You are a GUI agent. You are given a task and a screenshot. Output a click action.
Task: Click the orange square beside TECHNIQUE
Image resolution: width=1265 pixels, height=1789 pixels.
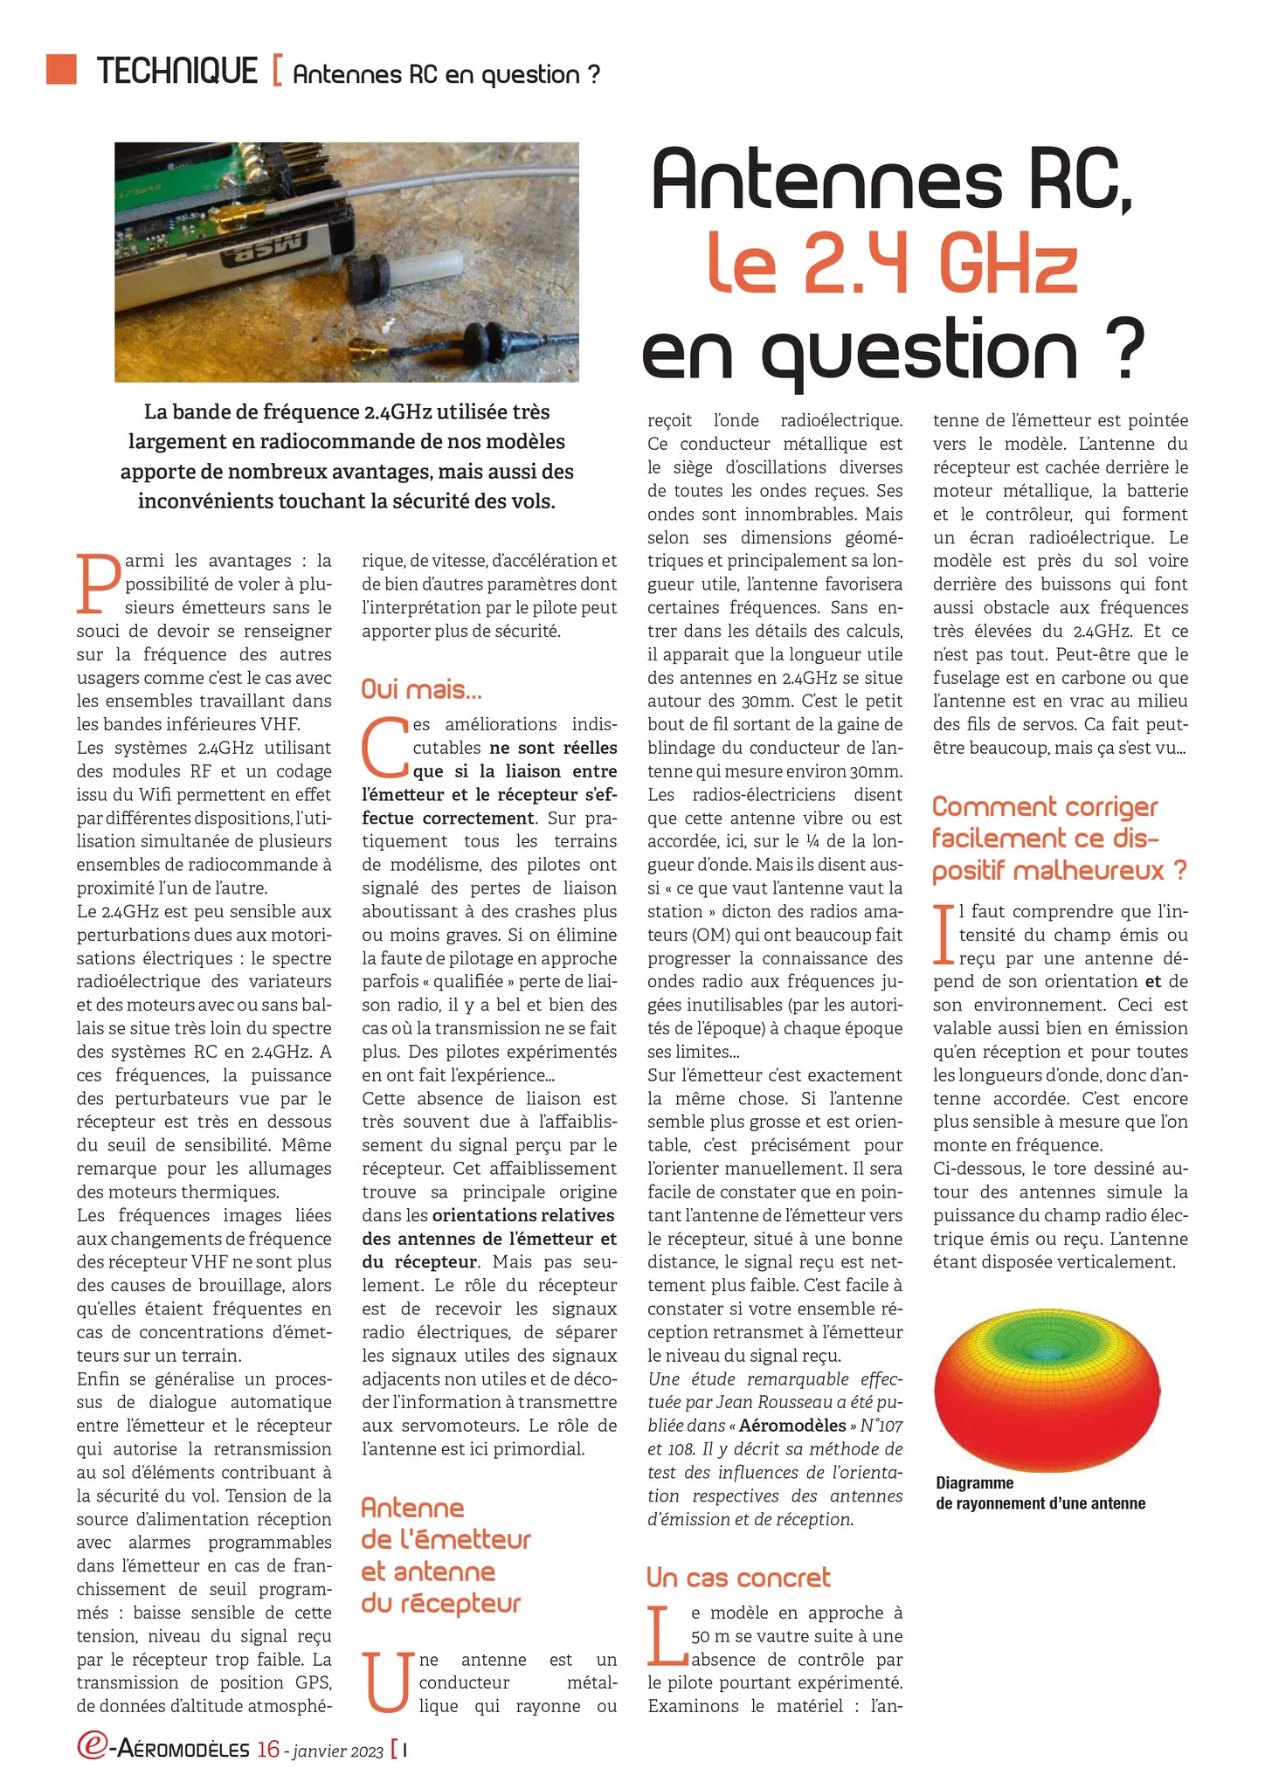pyautogui.click(x=61, y=69)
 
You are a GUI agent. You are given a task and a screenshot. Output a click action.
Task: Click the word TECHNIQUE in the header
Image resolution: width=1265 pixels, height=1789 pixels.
pyautogui.click(x=177, y=72)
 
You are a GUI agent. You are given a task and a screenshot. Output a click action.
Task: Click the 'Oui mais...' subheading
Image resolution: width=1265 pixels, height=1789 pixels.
pyautogui.click(x=421, y=689)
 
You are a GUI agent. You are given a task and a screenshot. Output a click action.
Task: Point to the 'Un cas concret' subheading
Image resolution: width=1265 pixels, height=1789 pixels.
pyautogui.click(x=737, y=1577)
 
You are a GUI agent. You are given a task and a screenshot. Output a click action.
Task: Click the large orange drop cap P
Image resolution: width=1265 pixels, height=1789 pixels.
pyautogui.click(x=98, y=583)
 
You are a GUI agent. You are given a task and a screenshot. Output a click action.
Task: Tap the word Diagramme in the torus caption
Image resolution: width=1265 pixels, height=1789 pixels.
pyautogui.click(x=974, y=1482)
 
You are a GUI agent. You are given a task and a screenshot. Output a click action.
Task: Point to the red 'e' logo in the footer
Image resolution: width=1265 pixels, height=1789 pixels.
pyautogui.click(x=91, y=1745)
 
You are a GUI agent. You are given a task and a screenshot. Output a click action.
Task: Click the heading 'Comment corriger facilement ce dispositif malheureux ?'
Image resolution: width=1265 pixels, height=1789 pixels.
pyautogui.click(x=1059, y=838)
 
